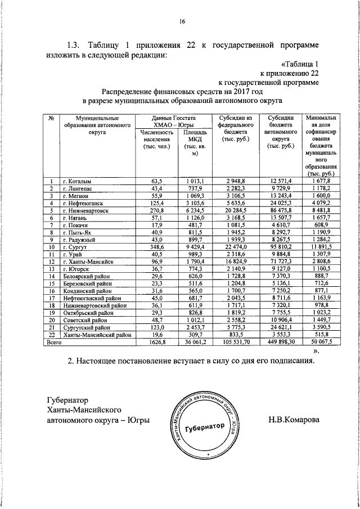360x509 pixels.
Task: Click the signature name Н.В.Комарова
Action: pos(294,419)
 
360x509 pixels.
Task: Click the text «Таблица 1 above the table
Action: pos(300,62)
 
